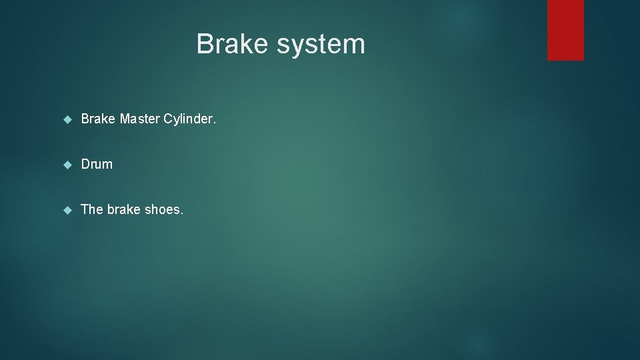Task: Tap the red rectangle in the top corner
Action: click(x=565, y=30)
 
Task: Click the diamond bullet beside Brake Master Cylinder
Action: click(x=67, y=119)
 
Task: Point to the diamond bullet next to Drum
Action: click(x=67, y=165)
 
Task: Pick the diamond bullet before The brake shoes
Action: click(x=67, y=210)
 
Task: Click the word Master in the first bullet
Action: click(x=140, y=119)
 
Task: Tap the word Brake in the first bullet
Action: click(x=98, y=119)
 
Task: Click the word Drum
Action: click(x=97, y=164)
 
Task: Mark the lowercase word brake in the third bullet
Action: click(x=124, y=209)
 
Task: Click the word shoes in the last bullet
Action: click(x=162, y=209)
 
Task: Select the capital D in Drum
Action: click(x=85, y=164)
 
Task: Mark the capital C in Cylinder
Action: click(x=168, y=119)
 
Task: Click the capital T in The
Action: click(x=85, y=209)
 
